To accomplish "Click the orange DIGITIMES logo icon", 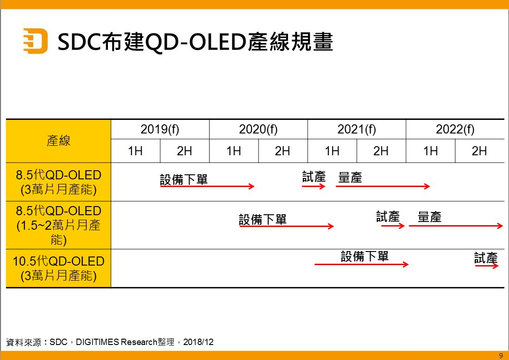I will pos(35,41).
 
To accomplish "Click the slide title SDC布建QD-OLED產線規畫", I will pos(196,42).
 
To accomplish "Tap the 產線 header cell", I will pos(59,141).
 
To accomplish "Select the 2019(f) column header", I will pos(160,129).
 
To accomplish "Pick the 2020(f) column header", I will pos(258,129).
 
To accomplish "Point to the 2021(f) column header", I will pos(357,129).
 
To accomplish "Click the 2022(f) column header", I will pos(455,129).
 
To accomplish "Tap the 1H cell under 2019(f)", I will pos(135,151).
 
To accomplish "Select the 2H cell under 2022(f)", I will pos(479,151).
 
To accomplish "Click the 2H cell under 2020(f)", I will pos(283,151).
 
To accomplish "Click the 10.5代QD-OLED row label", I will pos(59,268).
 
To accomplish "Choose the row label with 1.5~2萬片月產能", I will pos(59,225).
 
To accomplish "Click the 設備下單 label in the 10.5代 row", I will pos(365,256).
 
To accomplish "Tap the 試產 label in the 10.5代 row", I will pos(486,258).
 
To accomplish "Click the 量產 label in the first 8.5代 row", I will pos(350,178).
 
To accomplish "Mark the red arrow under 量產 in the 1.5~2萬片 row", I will pos(455,226).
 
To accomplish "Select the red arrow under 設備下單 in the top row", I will pos(207,186).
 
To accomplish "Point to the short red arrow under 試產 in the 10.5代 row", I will pos(487,266).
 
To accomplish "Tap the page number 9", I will pos(501,355).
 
